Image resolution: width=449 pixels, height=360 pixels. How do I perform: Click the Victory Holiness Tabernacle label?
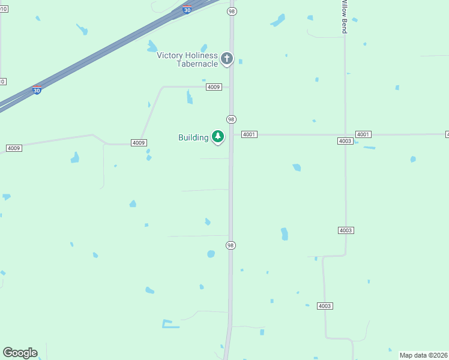[x=187, y=59]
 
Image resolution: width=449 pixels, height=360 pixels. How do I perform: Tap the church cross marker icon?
[x=226, y=58]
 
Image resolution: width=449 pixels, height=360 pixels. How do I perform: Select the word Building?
[x=193, y=137]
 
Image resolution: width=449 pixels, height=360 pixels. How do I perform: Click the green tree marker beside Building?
[x=217, y=137]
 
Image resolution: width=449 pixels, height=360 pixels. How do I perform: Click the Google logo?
[x=20, y=353]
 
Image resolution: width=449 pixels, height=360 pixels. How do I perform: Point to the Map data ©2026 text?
[x=424, y=355]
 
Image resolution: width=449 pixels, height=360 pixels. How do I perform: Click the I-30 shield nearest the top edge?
[x=187, y=10]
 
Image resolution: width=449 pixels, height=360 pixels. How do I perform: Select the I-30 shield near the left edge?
[x=37, y=91]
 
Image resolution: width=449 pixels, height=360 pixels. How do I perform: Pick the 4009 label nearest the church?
[x=214, y=87]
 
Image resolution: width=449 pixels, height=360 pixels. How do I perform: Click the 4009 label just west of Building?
[x=139, y=143]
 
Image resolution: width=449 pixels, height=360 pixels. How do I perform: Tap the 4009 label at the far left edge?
[x=14, y=148]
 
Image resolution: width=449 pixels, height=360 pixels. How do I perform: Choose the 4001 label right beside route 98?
[x=250, y=134]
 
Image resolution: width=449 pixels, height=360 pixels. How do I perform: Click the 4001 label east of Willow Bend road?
[x=363, y=134]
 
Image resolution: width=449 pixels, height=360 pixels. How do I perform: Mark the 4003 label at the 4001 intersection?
[x=345, y=141]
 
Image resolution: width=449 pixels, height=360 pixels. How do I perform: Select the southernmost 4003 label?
[x=325, y=306]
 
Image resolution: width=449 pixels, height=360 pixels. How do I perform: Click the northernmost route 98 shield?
[x=232, y=11]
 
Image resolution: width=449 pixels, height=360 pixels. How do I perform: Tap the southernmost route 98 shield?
[x=231, y=245]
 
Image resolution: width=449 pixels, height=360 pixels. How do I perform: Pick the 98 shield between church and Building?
[x=231, y=119]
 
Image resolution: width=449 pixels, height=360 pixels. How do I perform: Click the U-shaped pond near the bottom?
[x=170, y=325]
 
